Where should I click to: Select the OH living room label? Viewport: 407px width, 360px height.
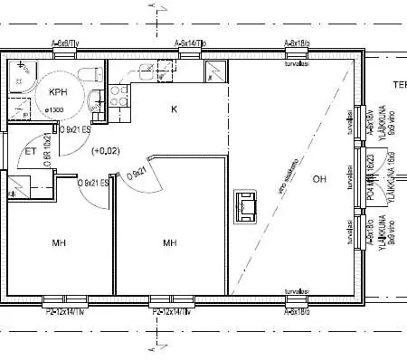(x=318, y=177)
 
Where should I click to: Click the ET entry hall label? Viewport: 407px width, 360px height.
(x=29, y=151)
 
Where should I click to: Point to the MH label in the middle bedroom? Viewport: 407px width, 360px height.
(x=169, y=243)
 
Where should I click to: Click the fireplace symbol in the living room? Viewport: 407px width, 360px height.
(x=245, y=206)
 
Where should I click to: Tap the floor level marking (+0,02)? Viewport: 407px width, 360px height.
(x=106, y=150)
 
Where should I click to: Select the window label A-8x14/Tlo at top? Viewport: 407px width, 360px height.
(x=190, y=43)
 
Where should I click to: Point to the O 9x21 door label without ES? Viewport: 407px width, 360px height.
(x=137, y=171)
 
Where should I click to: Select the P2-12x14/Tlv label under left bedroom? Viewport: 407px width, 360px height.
(x=64, y=311)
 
